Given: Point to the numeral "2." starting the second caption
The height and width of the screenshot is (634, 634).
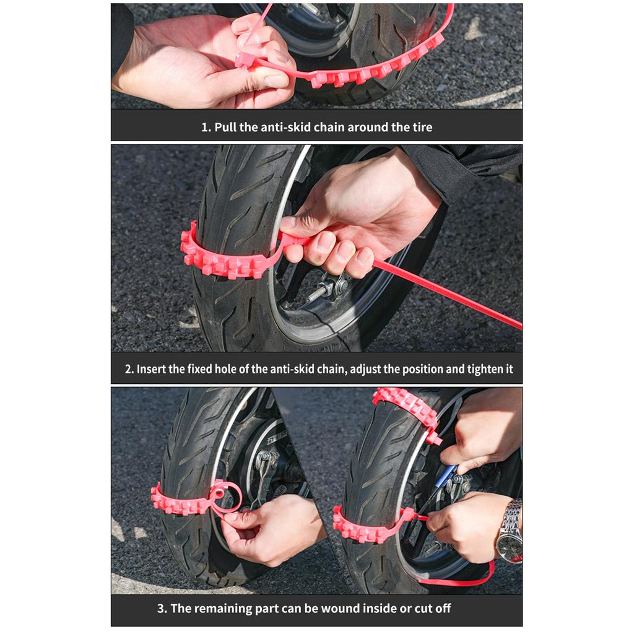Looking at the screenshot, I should tap(129, 369).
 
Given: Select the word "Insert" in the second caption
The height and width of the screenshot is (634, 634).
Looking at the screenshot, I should tap(152, 369).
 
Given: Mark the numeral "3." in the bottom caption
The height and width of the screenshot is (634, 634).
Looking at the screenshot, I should tap(162, 609).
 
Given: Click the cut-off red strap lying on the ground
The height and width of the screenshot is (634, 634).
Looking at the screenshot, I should tap(458, 580).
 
